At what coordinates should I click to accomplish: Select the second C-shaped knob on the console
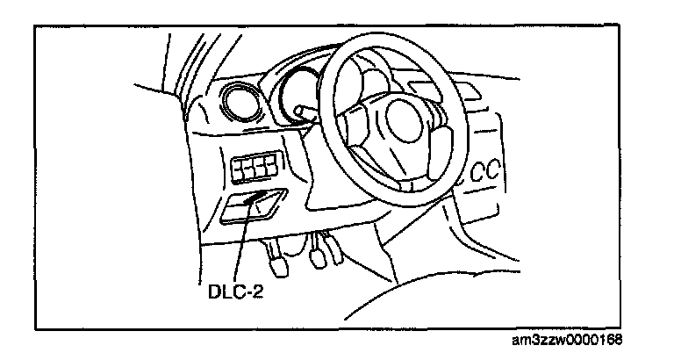pyautogui.click(x=498, y=173)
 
